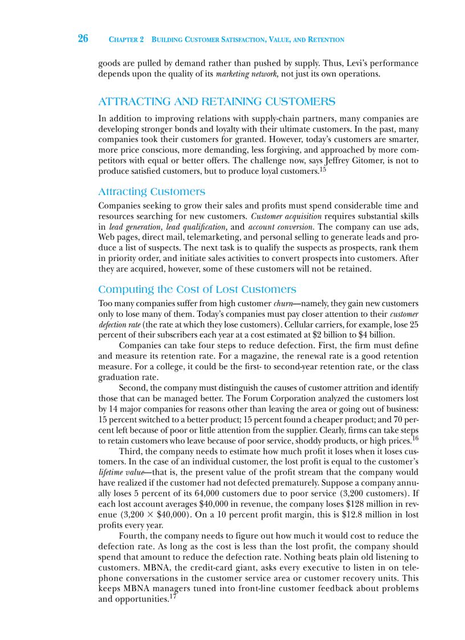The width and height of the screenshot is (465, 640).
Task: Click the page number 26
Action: [x=83, y=39]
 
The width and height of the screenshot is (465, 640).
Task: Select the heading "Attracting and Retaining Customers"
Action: [x=217, y=102]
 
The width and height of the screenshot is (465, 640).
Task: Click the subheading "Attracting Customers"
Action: [x=152, y=191]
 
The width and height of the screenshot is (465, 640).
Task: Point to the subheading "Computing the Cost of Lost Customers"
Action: [x=197, y=290]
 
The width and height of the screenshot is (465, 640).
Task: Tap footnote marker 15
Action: [x=323, y=170]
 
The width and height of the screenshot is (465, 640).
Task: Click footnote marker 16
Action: [x=415, y=439]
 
